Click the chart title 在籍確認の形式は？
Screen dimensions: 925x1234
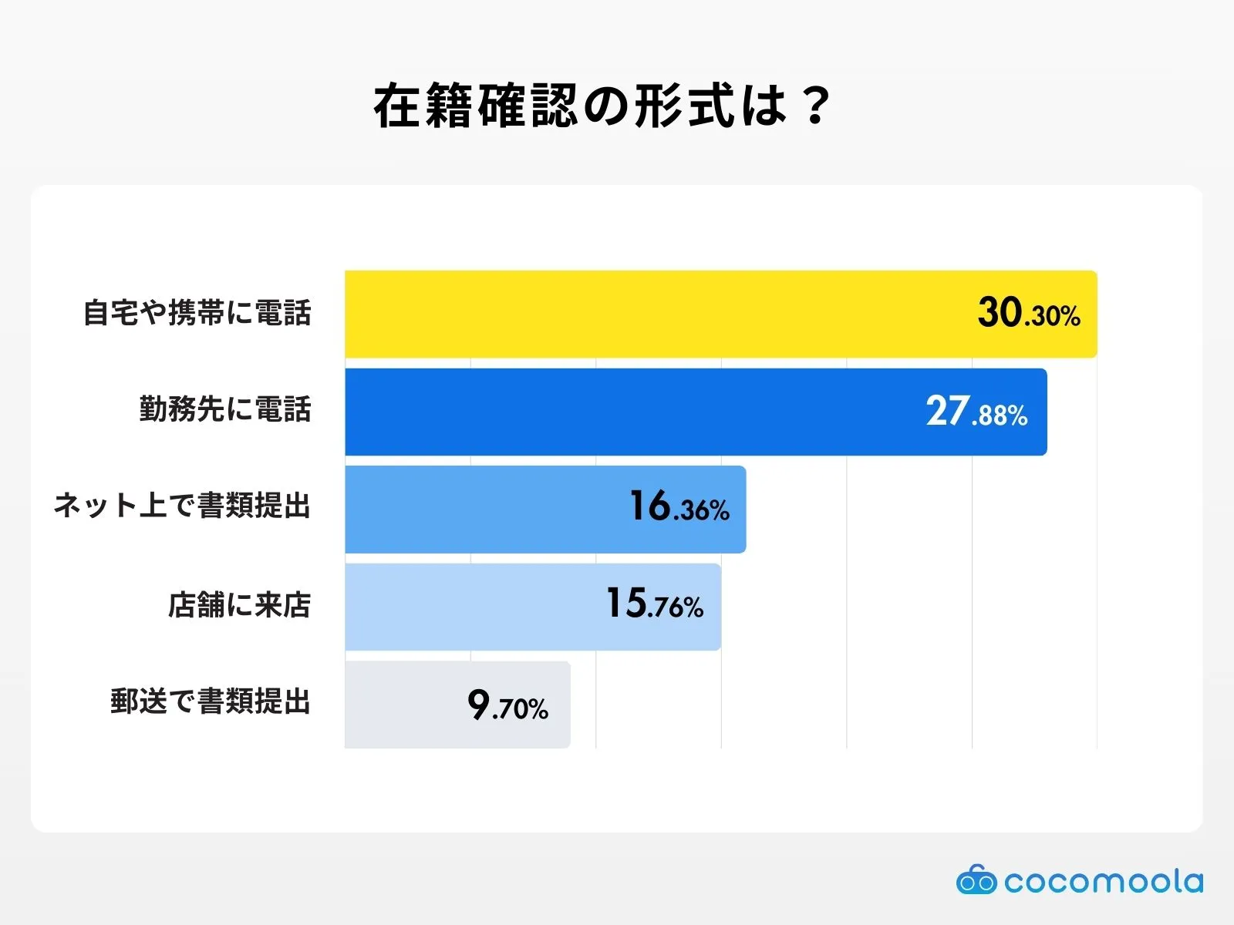(x=602, y=106)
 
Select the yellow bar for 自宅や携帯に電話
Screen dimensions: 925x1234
(x=656, y=314)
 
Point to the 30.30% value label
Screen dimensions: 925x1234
(x=1029, y=314)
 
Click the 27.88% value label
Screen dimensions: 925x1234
(x=976, y=412)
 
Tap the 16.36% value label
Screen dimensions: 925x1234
(x=679, y=508)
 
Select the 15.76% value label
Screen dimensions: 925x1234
(x=654, y=605)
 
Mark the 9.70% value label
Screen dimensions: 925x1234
(x=507, y=705)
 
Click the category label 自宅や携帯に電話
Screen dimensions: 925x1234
(x=197, y=313)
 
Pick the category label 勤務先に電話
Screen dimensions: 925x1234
(x=224, y=409)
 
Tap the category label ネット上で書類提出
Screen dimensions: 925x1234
(x=182, y=506)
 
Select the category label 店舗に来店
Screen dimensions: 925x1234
(x=239, y=605)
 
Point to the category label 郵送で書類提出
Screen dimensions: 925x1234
(x=210, y=702)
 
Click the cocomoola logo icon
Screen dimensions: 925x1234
(x=976, y=880)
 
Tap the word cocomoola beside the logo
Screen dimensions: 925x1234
(x=1104, y=881)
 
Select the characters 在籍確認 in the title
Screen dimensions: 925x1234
(x=474, y=106)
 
